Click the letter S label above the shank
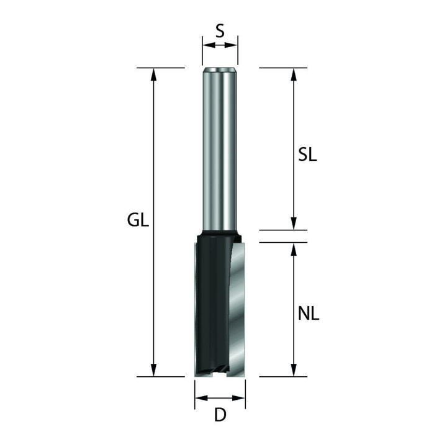point(220,31)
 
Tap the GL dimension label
point(138,220)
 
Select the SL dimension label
point(307,155)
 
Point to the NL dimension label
point(309,314)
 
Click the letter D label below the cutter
point(220,415)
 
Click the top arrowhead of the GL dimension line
point(154,74)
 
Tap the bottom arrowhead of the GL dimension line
point(154,370)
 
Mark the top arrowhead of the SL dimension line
point(294,74)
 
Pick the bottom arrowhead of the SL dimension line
point(294,223)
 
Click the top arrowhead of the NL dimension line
point(294,249)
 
